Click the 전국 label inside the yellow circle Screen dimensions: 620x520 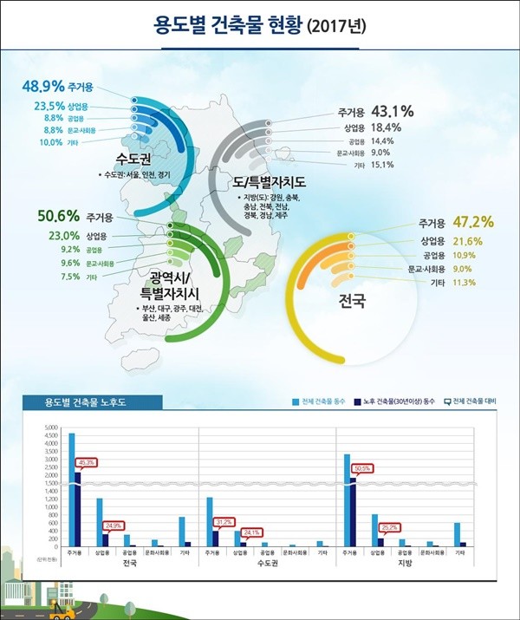(353, 303)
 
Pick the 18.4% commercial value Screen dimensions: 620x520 (387, 127)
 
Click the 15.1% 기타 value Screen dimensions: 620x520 (382, 164)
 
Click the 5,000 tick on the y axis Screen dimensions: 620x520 (49, 428)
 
